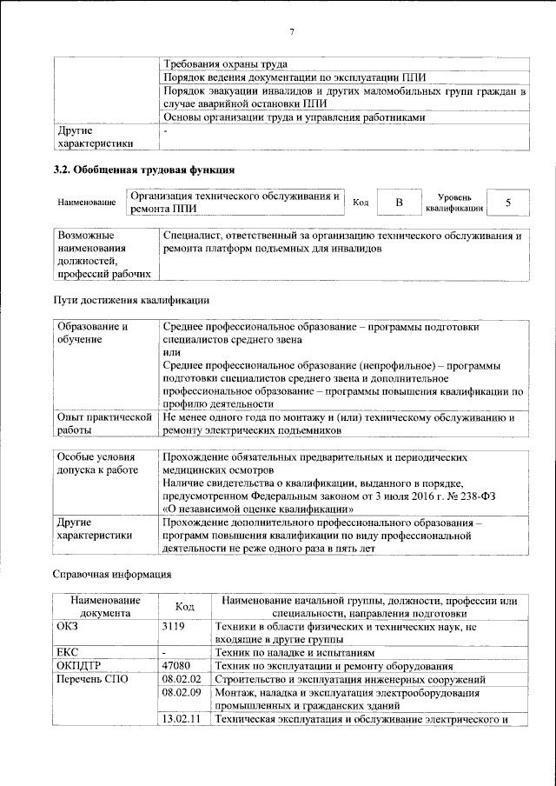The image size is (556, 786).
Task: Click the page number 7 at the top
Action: pyautogui.click(x=292, y=33)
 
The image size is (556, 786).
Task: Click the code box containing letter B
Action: pyautogui.click(x=399, y=203)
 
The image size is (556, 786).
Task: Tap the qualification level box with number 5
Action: pyautogui.click(x=507, y=203)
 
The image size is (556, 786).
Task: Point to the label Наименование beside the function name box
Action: pyautogui.click(x=87, y=203)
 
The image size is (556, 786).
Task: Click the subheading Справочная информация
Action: pyautogui.click(x=113, y=575)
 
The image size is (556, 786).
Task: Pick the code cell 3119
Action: pyautogui.click(x=174, y=626)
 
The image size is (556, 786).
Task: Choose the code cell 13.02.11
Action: pyautogui.click(x=181, y=719)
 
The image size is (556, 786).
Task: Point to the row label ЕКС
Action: pyautogui.click(x=68, y=651)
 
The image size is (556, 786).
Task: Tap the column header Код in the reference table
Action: pyautogui.click(x=185, y=607)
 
